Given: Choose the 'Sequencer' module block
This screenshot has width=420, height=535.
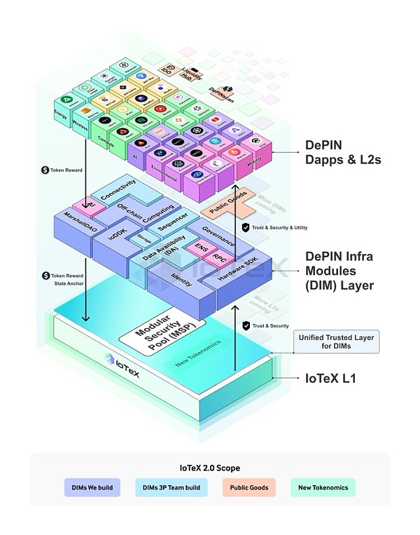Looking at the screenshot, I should coord(173,223).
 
